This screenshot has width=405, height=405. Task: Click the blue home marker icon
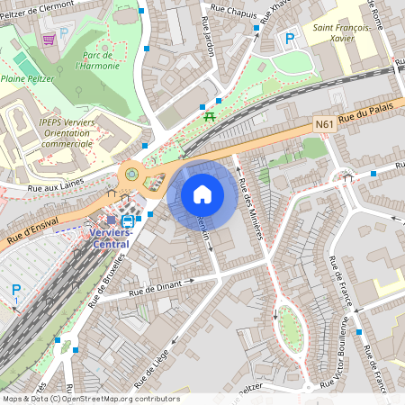pos(202,194)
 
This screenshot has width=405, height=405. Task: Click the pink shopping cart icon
pos(49,40)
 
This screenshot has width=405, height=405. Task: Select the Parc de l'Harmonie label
pos(97,59)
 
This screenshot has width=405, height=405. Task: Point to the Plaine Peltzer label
pos(28,79)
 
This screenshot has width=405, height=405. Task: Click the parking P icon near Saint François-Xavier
pos(290,39)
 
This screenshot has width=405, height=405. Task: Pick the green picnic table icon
pos(210,115)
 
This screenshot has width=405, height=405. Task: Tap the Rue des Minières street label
pos(250,209)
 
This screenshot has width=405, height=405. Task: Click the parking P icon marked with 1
pos(15,292)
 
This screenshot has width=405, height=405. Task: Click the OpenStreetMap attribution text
pos(90,399)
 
